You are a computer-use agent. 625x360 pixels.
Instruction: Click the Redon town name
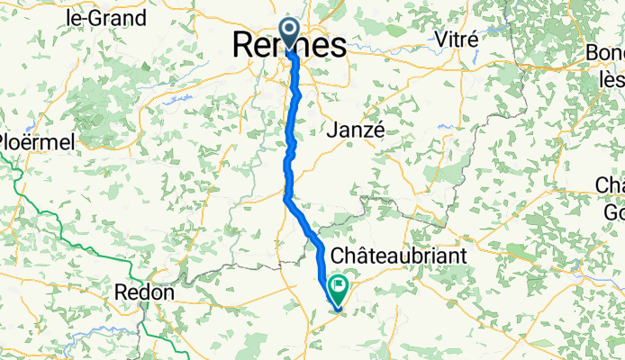click(145, 293)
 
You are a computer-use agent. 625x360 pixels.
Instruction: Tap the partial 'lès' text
click(611, 79)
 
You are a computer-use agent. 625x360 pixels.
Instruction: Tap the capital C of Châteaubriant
click(340, 256)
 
